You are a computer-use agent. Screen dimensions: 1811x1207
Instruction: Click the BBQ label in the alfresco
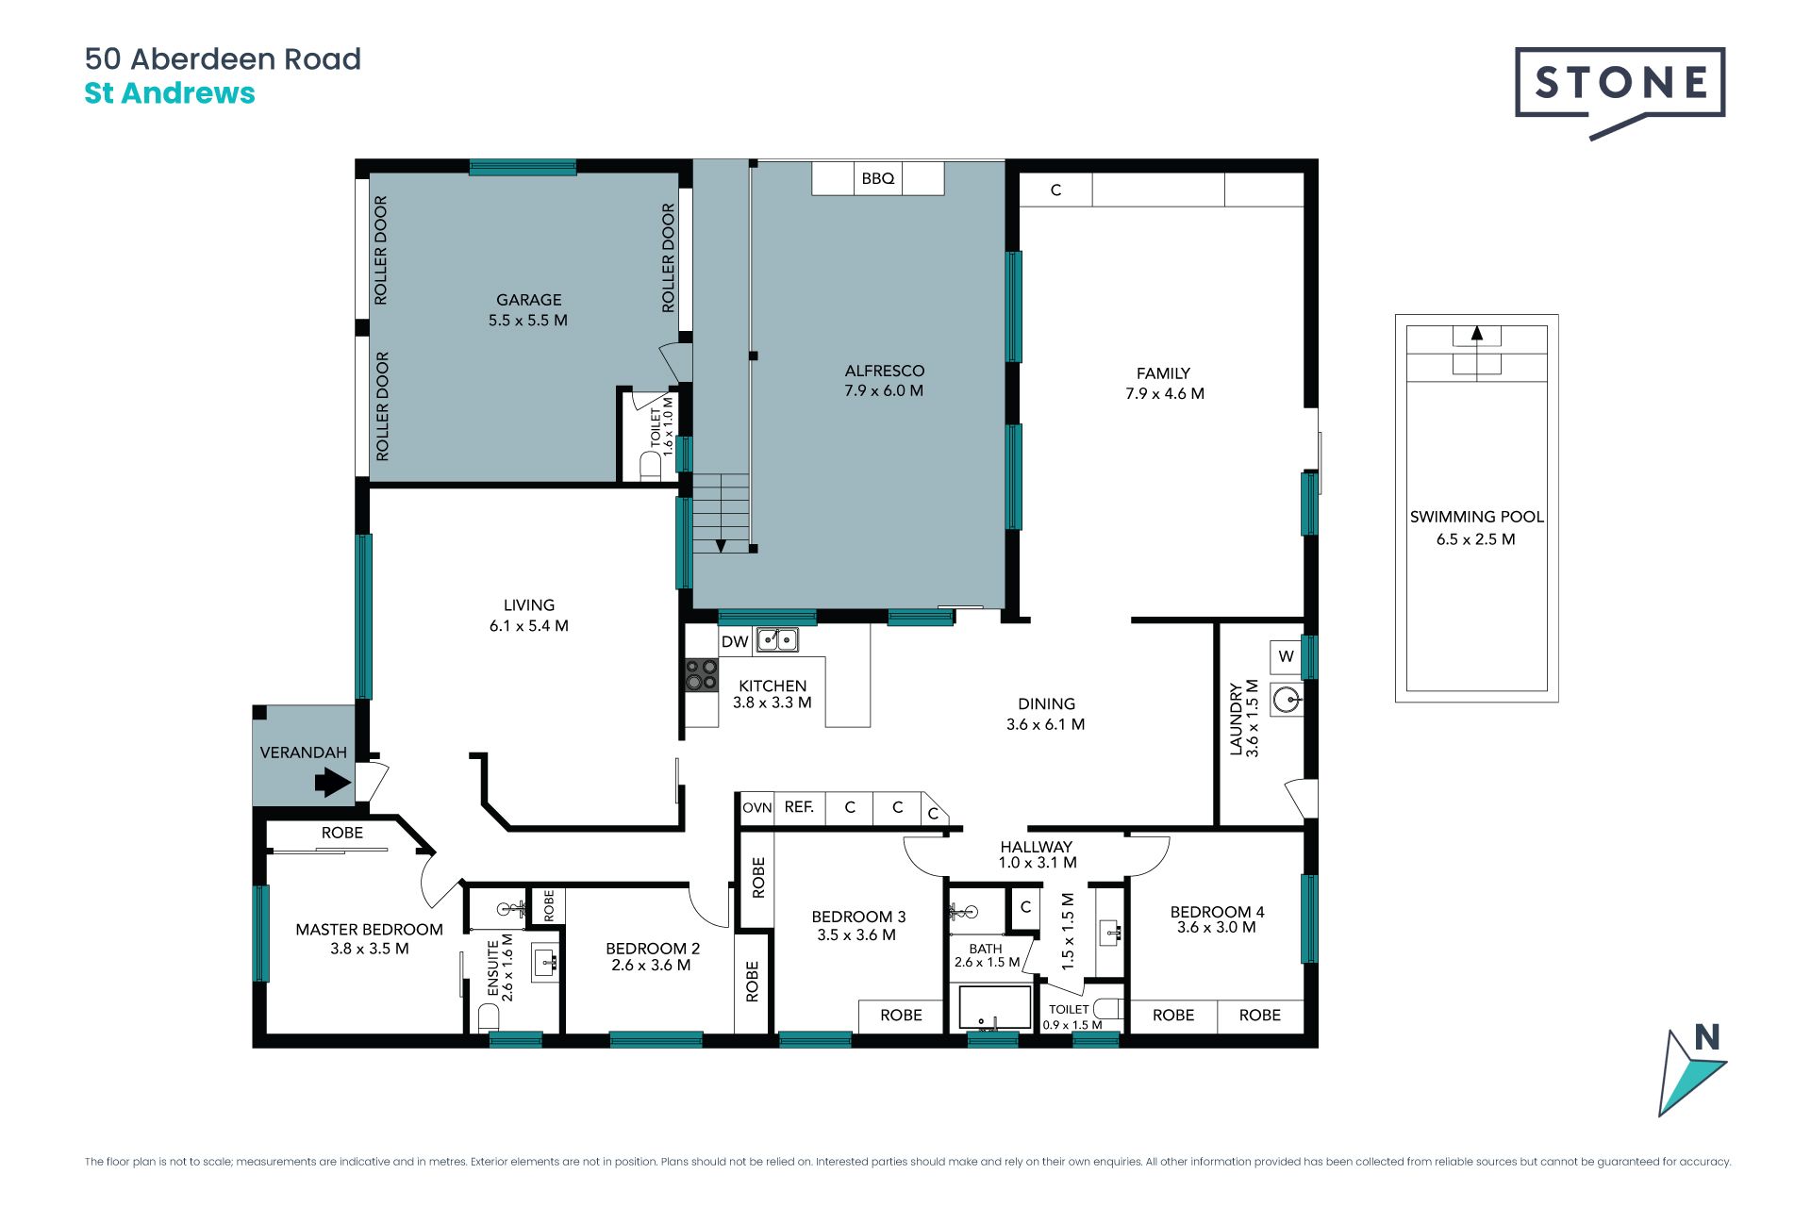tap(878, 178)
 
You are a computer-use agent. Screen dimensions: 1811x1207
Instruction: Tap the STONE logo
tap(1620, 92)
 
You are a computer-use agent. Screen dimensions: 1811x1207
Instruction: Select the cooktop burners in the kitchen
tap(701, 675)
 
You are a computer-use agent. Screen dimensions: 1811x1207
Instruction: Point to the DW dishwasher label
tap(735, 642)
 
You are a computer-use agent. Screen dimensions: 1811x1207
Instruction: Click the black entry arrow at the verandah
tap(333, 782)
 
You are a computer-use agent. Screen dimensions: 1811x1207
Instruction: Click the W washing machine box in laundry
tap(1286, 656)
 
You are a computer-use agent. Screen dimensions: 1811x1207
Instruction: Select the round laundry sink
tap(1287, 700)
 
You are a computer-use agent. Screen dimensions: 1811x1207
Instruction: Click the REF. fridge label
tap(799, 807)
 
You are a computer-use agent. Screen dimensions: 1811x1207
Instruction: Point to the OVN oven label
tap(756, 808)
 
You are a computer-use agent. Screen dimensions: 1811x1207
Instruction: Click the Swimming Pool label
tap(1477, 517)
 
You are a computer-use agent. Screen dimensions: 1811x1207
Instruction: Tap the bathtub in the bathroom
tap(996, 1007)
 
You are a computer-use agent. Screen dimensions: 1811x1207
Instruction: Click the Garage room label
tap(529, 300)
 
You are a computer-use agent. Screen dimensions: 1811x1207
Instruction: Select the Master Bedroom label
tap(369, 930)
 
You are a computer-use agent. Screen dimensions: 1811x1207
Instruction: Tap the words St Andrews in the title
tap(170, 93)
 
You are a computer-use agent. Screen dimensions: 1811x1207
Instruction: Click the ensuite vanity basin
tap(546, 963)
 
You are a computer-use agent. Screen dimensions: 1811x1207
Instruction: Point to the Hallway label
tap(1037, 847)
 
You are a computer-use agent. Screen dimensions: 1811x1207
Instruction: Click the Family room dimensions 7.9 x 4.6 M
tap(1165, 394)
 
